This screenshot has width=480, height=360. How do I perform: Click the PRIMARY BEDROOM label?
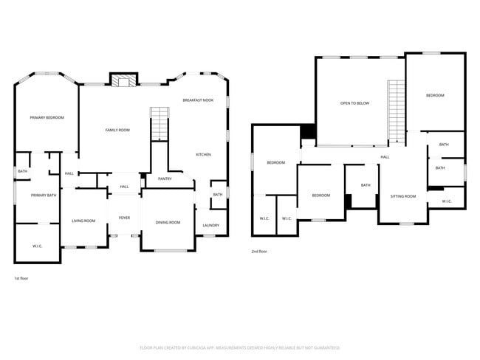point(47,118)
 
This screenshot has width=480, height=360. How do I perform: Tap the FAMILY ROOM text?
point(117,130)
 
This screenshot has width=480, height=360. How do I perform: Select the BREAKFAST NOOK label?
point(198,100)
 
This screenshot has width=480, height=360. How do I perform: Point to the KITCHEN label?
point(204,154)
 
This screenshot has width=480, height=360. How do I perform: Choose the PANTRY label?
point(165,179)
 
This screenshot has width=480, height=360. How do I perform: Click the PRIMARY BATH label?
point(44,195)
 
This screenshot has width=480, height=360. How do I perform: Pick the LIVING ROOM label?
point(83,221)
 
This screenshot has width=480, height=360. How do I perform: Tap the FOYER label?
point(125,218)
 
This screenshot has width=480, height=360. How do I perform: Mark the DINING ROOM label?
point(168,222)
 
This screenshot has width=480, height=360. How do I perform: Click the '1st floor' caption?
point(21,278)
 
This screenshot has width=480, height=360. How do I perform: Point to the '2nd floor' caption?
point(259,252)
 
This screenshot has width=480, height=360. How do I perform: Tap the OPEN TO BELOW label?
point(354,103)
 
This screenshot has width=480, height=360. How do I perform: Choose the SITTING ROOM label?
point(403,196)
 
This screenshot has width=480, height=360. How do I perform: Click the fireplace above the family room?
point(123,80)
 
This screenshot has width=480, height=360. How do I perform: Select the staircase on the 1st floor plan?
point(160,123)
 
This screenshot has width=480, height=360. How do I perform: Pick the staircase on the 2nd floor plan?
point(397,111)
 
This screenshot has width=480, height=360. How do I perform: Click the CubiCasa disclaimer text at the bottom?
point(240,347)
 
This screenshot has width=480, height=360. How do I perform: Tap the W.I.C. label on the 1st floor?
point(38,246)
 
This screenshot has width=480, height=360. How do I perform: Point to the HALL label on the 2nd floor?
point(385,157)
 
